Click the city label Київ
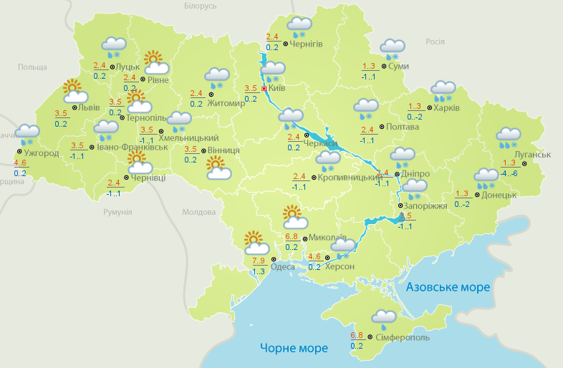tap(276, 89)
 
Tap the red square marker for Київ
tap(264, 89)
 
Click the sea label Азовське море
tap(448, 287)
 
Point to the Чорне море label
tap(294, 349)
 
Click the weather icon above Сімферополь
tap(383, 318)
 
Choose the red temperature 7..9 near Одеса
tap(259, 260)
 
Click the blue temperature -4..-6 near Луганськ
tap(510, 173)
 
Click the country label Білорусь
tap(200, 6)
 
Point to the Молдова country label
tap(199, 212)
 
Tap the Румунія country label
tap(117, 212)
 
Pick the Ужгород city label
tap(41, 153)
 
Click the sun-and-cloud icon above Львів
tap(74, 90)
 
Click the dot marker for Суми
tap(382, 66)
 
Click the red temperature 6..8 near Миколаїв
tap(292, 236)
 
